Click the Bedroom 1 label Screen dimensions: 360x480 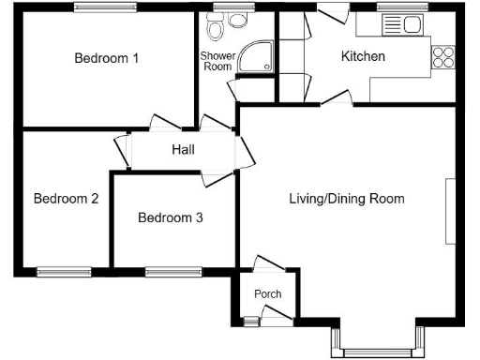(107, 58)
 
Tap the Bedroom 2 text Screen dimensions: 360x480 (67, 199)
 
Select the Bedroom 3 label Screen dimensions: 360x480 (170, 217)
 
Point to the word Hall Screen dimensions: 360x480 (183, 150)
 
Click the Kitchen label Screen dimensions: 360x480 (363, 57)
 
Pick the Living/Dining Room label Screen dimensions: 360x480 (346, 199)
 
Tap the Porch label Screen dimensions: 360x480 (268, 294)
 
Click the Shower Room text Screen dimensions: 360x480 (217, 61)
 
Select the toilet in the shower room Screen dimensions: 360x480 (217, 31)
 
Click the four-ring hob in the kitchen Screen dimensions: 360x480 (442, 56)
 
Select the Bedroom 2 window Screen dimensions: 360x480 (64, 273)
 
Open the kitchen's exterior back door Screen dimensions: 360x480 (330, 15)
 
